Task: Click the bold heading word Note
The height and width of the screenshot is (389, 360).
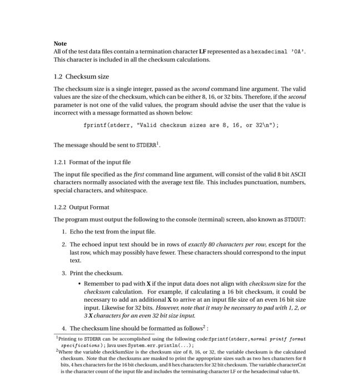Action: pyautogui.click(x=60, y=43)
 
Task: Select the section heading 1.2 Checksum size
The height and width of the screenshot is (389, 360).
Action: pyautogui.click(x=81, y=76)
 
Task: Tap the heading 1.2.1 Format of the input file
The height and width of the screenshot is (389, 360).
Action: pyautogui.click(x=92, y=162)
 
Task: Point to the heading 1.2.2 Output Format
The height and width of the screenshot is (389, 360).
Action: pyautogui.click(x=81, y=208)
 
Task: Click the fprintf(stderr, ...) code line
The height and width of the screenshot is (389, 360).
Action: pyautogui.click(x=181, y=126)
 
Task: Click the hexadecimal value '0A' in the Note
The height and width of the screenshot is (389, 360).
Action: pyautogui.click(x=296, y=52)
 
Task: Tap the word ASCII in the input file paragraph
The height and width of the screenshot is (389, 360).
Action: pyautogui.click(x=298, y=174)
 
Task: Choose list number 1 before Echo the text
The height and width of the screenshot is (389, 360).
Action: pyautogui.click(x=64, y=232)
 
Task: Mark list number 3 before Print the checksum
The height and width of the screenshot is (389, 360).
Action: pyautogui.click(x=64, y=273)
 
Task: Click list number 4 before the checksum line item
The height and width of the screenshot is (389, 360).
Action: pyautogui.click(x=64, y=328)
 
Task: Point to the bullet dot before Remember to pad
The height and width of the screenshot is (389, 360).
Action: pyautogui.click(x=79, y=283)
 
